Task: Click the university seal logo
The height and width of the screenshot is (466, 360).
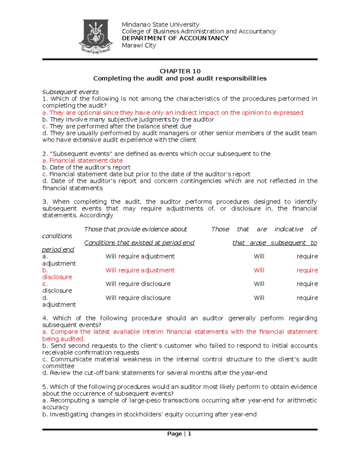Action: coord(96,36)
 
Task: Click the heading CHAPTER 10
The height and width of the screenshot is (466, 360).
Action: coord(180,71)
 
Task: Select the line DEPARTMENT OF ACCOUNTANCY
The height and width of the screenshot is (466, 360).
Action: coord(175,38)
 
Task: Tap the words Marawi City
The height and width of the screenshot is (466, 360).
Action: coord(139,45)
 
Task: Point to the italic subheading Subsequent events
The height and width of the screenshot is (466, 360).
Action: coord(70,92)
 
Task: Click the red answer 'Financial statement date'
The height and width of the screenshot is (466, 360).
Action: coord(86,161)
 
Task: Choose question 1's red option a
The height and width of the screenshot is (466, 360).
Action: coord(173,113)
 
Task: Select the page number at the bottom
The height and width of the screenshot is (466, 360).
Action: coord(179,434)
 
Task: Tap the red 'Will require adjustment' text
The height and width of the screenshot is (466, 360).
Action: coord(140,270)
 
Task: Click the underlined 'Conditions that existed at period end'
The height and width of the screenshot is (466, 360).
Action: coord(139,242)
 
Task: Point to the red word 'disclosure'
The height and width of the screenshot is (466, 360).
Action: coord(57,277)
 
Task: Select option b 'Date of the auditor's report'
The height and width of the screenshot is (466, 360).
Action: coord(86,167)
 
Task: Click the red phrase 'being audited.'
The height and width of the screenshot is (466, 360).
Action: coord(64,339)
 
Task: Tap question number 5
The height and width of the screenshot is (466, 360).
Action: coord(45,387)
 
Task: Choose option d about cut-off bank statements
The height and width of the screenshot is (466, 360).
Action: coord(155,373)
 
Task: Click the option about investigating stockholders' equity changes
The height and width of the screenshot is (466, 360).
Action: coord(149,414)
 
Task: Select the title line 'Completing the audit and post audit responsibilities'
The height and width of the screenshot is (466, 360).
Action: coord(180,78)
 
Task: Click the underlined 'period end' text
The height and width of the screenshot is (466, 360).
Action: coord(58,249)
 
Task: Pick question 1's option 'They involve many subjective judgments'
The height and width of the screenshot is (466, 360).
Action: coord(128,119)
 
